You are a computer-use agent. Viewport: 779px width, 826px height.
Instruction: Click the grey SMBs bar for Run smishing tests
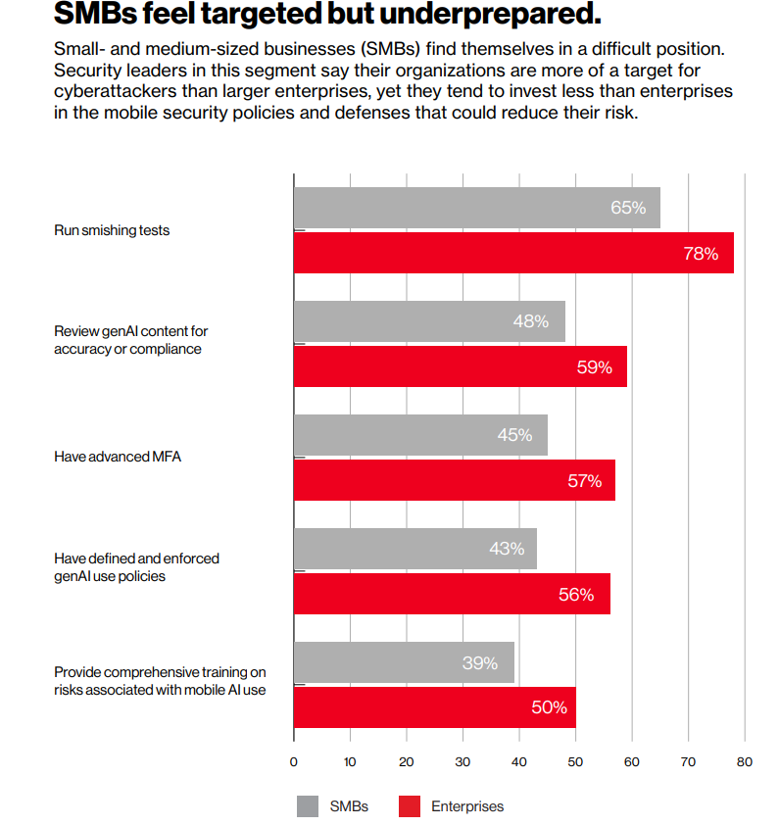476,208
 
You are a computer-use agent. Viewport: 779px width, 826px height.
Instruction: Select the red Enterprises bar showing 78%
513,253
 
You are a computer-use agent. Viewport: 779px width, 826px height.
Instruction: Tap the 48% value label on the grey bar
530,321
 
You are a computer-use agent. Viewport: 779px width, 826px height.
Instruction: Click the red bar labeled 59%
460,366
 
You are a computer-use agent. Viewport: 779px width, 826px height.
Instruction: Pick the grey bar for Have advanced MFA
420,435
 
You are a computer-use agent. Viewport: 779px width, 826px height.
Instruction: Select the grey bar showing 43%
414,549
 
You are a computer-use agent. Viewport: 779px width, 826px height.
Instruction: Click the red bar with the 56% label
452,594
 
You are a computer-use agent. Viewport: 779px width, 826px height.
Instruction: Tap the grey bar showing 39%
404,662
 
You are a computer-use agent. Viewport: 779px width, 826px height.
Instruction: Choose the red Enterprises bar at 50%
434,707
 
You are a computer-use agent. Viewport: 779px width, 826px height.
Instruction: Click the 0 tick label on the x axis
294,761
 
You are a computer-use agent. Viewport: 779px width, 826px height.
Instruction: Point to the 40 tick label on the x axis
519,761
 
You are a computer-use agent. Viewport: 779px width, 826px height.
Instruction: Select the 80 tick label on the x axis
745,761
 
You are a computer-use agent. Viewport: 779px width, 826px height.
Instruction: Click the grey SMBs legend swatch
308,806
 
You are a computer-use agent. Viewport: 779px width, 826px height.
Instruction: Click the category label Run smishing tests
111,231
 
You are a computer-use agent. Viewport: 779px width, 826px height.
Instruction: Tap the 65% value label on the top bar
627,208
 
